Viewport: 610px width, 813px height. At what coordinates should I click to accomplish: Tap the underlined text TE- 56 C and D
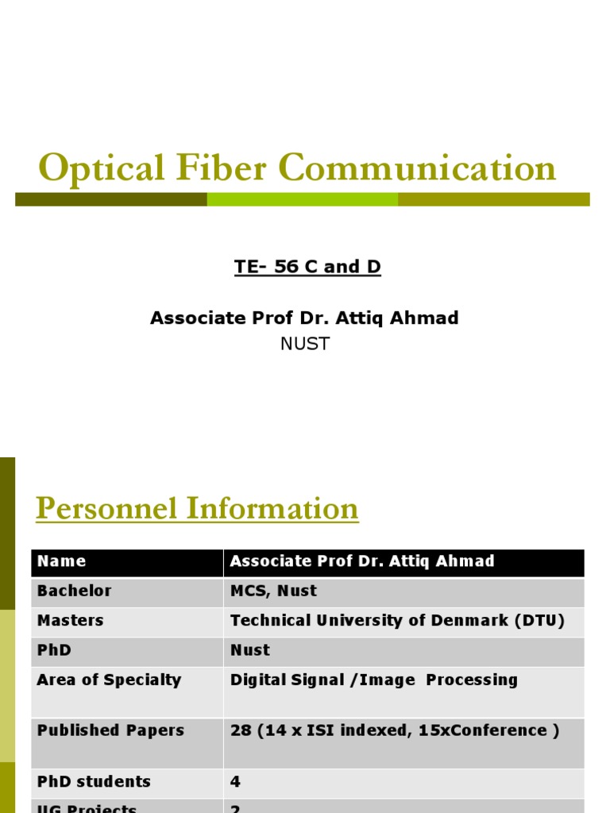[x=307, y=267]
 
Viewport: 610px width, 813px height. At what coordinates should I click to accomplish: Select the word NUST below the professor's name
[x=305, y=344]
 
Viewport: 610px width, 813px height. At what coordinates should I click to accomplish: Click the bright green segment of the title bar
[x=303, y=199]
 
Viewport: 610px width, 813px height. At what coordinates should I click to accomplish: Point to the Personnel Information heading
[x=197, y=508]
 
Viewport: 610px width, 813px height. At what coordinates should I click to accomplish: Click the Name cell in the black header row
[x=61, y=561]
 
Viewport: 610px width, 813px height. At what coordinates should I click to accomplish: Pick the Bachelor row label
[x=74, y=591]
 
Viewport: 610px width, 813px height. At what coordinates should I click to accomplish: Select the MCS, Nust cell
[x=273, y=591]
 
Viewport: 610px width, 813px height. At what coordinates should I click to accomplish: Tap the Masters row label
[x=70, y=620]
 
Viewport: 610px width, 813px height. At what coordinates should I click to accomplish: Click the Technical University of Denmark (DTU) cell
[x=397, y=620]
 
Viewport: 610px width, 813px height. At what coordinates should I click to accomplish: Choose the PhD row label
[x=54, y=650]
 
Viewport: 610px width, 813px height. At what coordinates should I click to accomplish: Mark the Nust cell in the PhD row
[x=250, y=650]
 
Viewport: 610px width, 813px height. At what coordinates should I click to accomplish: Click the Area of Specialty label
[x=109, y=680]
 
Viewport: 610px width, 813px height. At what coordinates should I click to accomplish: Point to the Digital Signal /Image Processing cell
[x=373, y=680]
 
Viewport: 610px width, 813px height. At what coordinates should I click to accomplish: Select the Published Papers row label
[x=110, y=730]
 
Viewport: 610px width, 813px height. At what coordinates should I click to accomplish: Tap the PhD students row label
[x=94, y=782]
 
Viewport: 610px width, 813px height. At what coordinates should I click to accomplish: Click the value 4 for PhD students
[x=235, y=782]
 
